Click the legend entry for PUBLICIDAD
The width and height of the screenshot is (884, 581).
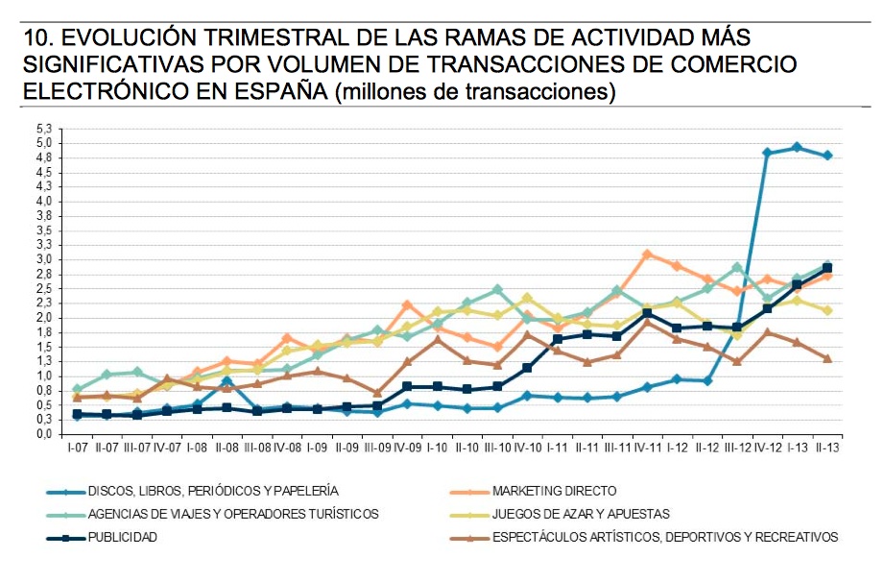tap(122, 537)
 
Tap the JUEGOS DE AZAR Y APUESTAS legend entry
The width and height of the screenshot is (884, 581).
tap(580, 514)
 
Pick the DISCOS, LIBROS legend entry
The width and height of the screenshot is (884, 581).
tap(212, 491)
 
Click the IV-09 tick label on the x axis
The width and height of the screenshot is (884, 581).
tap(408, 448)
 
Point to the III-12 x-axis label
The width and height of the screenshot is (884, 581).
tap(737, 448)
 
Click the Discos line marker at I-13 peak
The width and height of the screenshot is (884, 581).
tap(797, 147)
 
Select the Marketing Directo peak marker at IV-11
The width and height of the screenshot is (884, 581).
tap(648, 254)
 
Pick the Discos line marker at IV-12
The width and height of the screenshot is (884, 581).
tap(767, 153)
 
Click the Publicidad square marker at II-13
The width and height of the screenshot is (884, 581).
tap(826, 268)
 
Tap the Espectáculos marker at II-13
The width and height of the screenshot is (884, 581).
tap(826, 358)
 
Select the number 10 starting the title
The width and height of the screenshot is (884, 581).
tap(35, 38)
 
